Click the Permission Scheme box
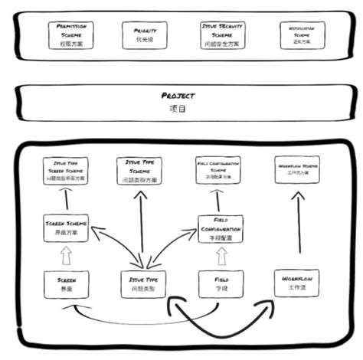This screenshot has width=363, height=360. [70, 34]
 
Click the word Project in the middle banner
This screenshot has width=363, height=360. [178, 96]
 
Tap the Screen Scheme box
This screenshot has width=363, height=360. [67, 228]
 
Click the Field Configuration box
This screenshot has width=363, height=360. [220, 229]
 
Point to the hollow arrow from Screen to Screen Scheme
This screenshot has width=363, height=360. [67, 256]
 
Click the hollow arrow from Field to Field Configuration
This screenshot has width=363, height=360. [220, 257]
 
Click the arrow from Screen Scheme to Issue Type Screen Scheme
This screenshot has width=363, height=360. [66, 201]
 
